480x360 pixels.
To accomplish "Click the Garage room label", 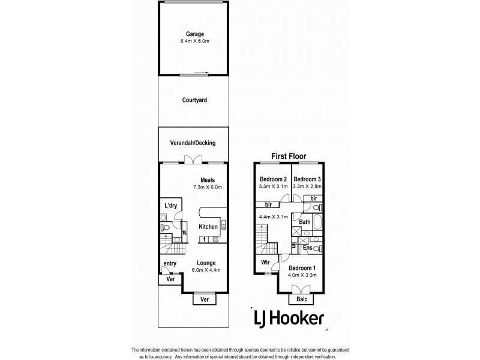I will coord(194,34).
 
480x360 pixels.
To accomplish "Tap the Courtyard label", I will coord(194,100).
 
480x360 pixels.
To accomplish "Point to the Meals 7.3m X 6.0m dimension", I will coord(208,187).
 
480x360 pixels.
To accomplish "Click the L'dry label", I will coord(171,206).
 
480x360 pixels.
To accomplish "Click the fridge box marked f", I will coord(205,239).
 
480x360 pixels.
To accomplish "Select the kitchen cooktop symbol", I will coord(215,239).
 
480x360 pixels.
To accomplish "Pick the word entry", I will coord(169,263).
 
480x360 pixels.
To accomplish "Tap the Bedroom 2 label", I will coord(274,179).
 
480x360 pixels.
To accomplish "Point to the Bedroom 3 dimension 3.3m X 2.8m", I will coord(308,187).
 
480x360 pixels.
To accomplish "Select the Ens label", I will coord(307,247).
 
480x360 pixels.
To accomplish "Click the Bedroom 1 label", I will coord(302,268).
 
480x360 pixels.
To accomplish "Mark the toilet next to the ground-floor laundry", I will coord(164,227).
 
